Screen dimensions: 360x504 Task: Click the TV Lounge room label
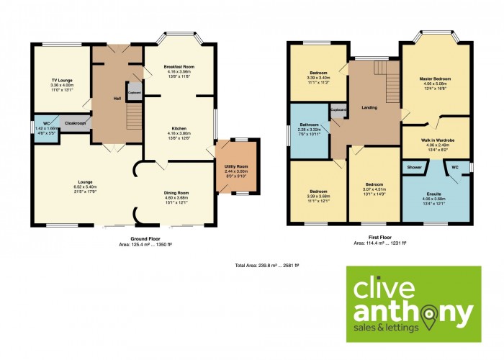[62, 80]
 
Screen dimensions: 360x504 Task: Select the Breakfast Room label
[179, 67]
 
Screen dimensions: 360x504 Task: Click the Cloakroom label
[75, 124]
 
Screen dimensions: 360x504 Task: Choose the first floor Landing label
[369, 108]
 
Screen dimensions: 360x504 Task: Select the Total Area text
[270, 266]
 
